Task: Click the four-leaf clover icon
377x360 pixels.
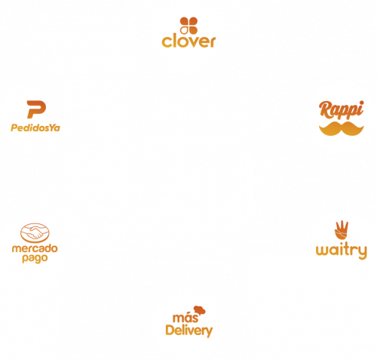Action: point(188,26)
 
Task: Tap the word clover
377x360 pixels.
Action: point(188,42)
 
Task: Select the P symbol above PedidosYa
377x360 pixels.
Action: point(36,109)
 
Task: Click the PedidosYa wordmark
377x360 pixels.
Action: point(35,128)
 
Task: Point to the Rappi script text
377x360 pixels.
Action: point(342,110)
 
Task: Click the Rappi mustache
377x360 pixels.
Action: point(342,128)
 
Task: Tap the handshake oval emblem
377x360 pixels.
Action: point(35,232)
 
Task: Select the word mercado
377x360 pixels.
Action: point(35,248)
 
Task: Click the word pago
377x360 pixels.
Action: point(35,258)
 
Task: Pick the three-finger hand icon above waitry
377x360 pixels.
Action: point(342,230)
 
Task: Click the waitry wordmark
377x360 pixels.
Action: point(342,251)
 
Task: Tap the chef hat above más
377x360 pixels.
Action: point(200,310)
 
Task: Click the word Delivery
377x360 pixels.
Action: point(189,331)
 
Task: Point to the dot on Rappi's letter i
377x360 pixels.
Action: point(362,103)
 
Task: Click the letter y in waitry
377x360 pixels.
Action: point(362,252)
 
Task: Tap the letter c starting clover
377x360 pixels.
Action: point(167,42)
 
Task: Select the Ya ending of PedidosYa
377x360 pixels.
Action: point(54,128)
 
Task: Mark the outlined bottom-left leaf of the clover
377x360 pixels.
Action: point(184,30)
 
